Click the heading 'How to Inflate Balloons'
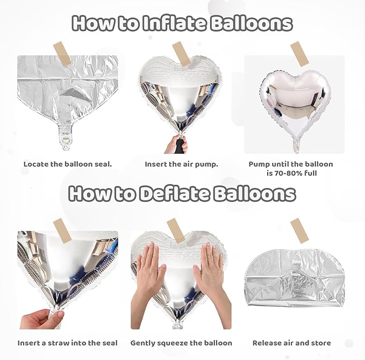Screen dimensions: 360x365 182,23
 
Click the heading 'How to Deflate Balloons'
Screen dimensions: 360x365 182,193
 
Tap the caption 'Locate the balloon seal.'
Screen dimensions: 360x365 68,164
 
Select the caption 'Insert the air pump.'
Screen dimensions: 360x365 181,164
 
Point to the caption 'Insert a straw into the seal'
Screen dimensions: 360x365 68,343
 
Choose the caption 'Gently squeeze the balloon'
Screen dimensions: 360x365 182,343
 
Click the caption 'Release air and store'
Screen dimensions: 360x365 292,343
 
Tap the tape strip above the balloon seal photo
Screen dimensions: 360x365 62,54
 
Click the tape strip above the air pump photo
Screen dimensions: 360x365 181,54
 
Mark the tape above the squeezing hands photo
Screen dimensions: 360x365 176,231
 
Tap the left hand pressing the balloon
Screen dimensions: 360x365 151,267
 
